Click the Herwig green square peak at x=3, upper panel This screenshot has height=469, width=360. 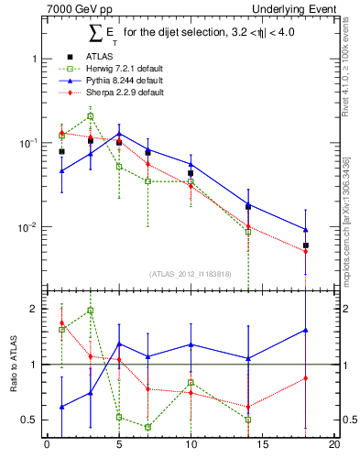coord(90,116)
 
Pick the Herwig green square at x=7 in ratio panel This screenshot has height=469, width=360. coord(147,427)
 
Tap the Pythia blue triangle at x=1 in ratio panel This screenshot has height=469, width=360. coord(61,407)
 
